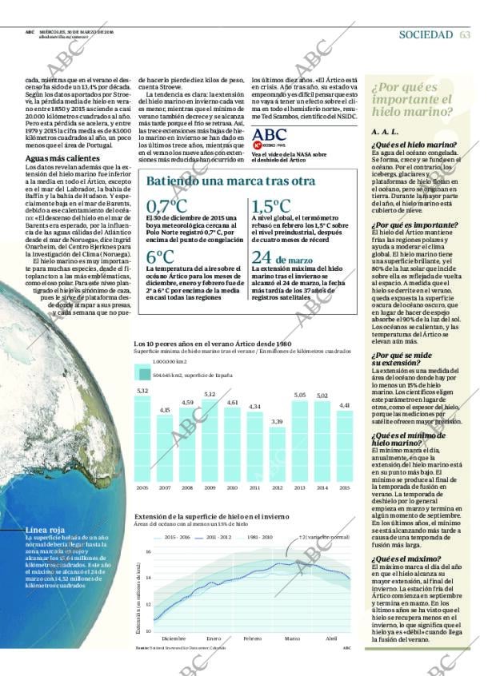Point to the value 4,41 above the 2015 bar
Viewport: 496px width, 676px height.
(344, 406)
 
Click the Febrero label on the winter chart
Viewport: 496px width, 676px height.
(253, 638)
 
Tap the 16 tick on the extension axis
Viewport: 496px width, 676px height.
(148, 552)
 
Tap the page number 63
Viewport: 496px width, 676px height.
(465, 34)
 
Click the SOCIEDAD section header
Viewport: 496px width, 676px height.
(426, 34)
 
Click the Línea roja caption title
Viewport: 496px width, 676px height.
(45, 530)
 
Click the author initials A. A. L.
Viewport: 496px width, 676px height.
(385, 131)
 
